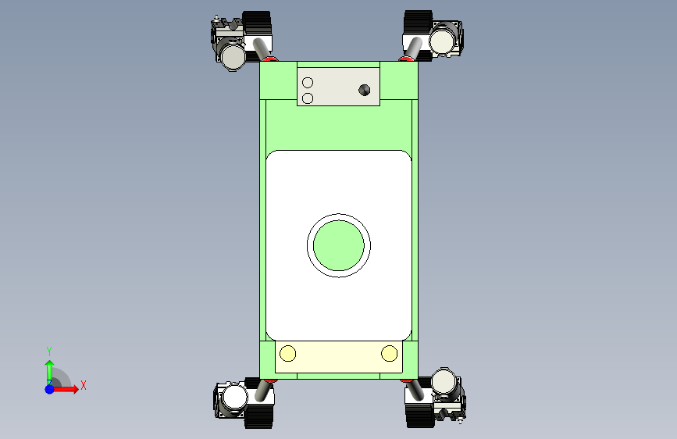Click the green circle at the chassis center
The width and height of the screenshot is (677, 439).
coord(339,245)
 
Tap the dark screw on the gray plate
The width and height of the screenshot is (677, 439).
coord(365,90)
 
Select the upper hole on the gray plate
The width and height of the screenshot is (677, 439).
coord(308,83)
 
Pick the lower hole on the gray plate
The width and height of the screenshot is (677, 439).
coord(308,98)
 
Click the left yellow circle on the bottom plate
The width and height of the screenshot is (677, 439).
coord(287,353)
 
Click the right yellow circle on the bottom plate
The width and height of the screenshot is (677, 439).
coord(389,353)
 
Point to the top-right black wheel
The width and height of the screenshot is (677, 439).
coord(418,23)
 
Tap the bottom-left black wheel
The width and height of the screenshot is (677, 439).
coord(258,415)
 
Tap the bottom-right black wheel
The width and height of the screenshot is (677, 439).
coord(420,415)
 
